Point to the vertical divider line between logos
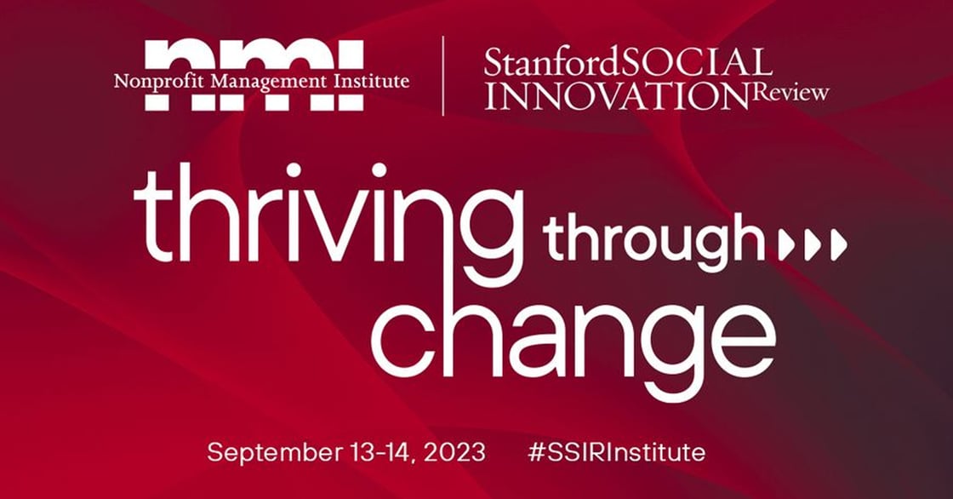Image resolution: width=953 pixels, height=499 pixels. pos(442,75)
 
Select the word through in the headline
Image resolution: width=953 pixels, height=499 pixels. pos(653,242)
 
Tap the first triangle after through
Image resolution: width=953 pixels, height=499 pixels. pos(785,245)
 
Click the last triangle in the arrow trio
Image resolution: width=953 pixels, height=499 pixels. pos(839,245)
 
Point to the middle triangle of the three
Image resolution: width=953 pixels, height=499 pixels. pos(812,245)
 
